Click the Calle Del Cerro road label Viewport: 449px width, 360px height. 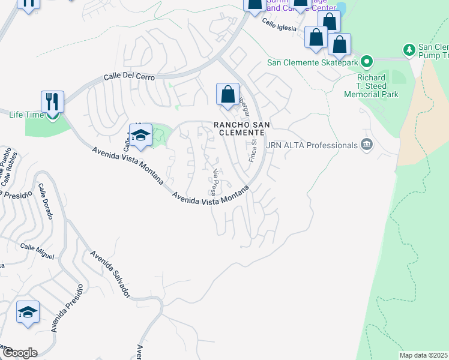click(129, 77)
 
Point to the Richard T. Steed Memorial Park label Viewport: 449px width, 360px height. click(372, 86)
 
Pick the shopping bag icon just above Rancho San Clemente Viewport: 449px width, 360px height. click(228, 94)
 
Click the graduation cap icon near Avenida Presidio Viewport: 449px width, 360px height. click(28, 312)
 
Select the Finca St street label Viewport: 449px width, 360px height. click(253, 151)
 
